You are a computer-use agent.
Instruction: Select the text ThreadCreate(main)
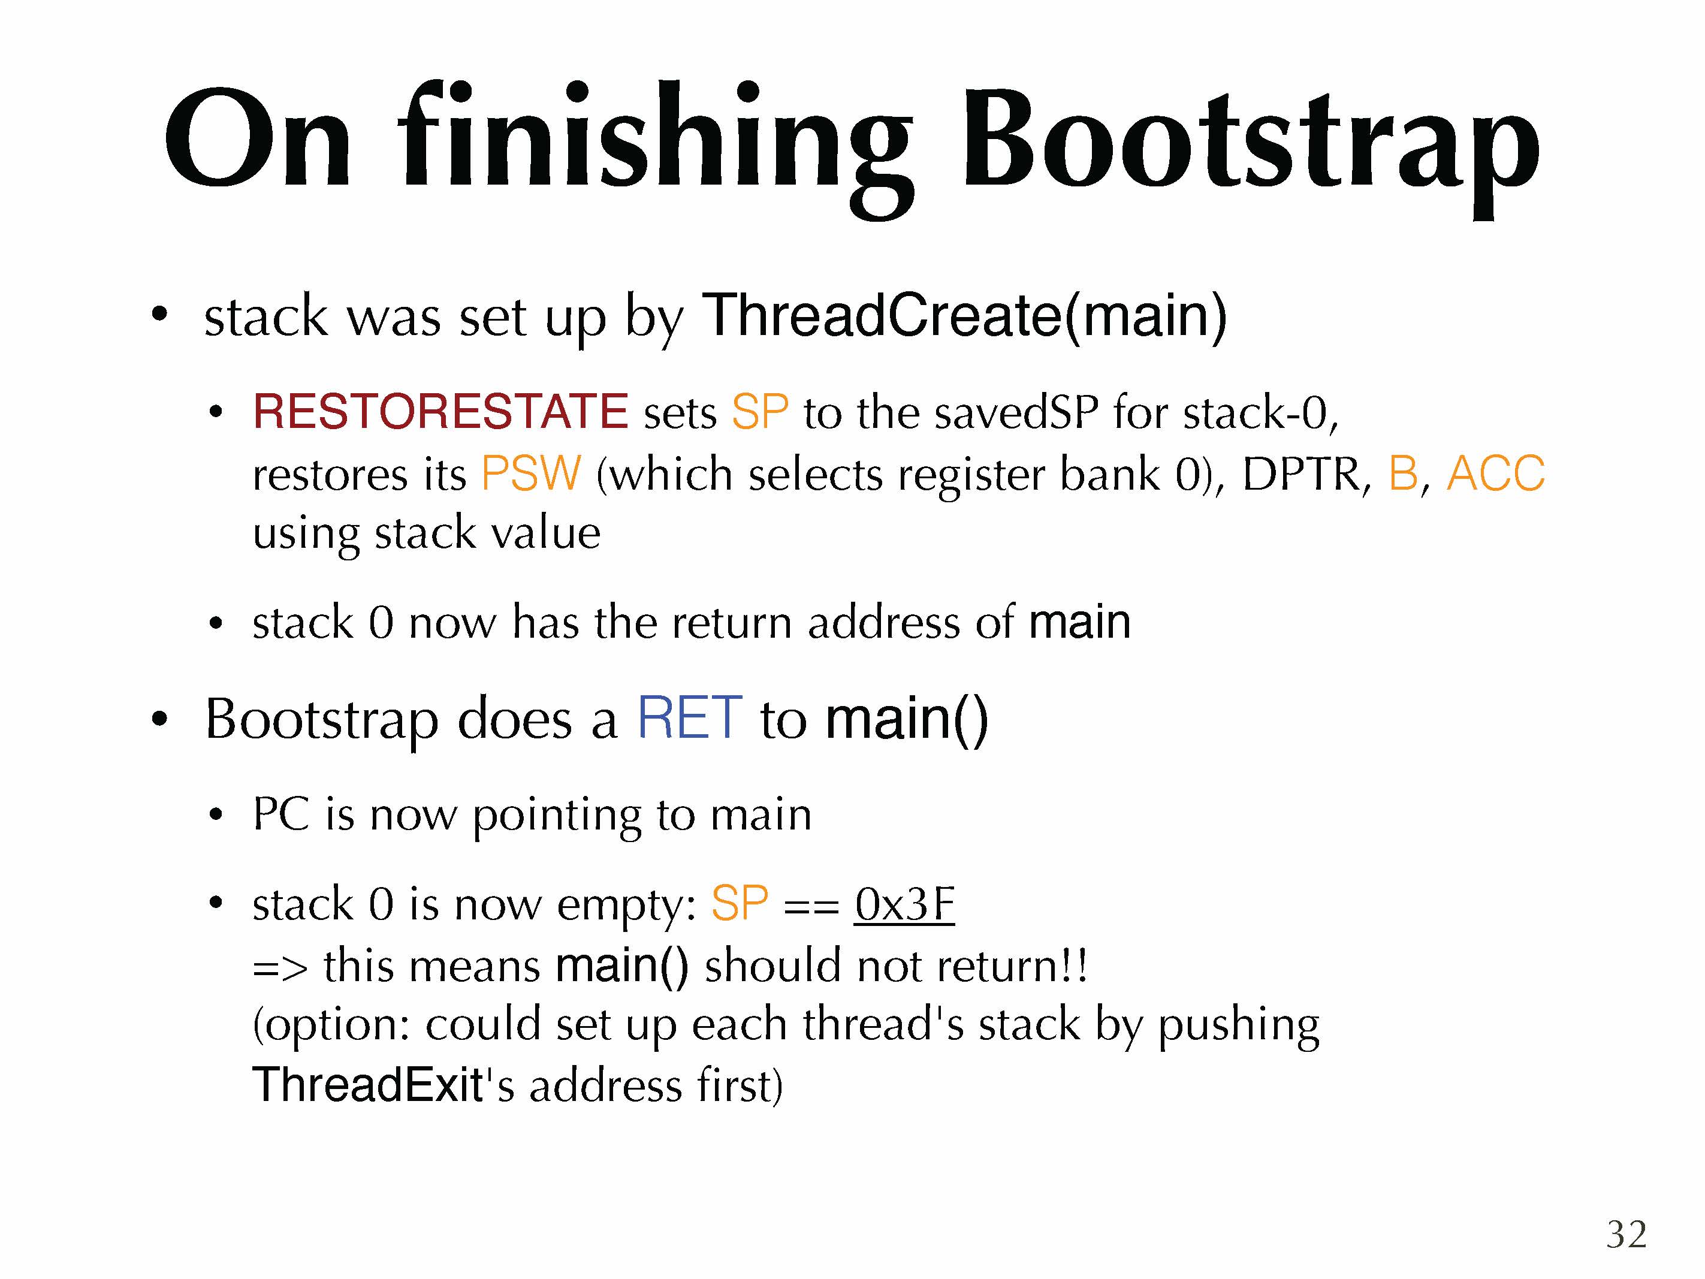tap(964, 316)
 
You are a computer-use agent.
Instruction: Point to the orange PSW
tap(531, 473)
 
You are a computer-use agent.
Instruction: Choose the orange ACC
tap(1496, 473)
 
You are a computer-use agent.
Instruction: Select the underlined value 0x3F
tap(904, 904)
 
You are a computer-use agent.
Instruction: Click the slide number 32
tap(1626, 1234)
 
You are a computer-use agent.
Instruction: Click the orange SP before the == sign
tap(739, 904)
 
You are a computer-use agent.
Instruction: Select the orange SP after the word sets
tap(760, 412)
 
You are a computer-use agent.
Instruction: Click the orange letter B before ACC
tap(1404, 473)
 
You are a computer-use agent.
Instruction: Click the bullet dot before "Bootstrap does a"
tap(159, 719)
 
